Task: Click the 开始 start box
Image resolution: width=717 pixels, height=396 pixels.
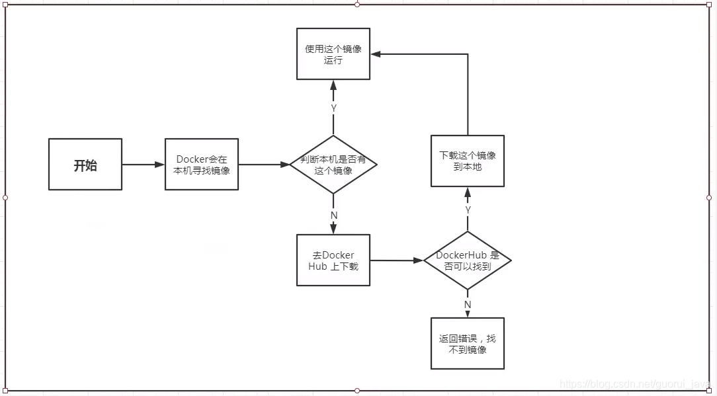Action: pyautogui.click(x=85, y=164)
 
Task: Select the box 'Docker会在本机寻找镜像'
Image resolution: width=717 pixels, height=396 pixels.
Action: pyautogui.click(x=202, y=164)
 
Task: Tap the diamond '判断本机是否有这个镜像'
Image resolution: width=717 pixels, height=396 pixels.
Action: pyautogui.click(x=333, y=165)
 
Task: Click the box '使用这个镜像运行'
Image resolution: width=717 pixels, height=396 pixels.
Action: pyautogui.click(x=333, y=54)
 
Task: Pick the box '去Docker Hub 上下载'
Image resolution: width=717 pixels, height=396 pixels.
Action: pyautogui.click(x=333, y=260)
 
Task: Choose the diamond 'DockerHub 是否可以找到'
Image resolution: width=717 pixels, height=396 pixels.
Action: pyautogui.click(x=468, y=260)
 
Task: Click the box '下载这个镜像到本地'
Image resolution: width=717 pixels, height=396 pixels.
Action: pyautogui.click(x=468, y=161)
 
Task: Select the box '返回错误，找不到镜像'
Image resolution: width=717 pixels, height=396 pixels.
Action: pyautogui.click(x=468, y=343)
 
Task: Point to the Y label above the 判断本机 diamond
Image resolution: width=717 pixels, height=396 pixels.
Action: pyautogui.click(x=334, y=108)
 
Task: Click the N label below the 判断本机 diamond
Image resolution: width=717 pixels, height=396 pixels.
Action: pyautogui.click(x=334, y=215)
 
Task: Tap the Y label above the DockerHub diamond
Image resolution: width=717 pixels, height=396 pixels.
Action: pyautogui.click(x=468, y=210)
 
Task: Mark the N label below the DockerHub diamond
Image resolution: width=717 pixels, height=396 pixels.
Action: pyautogui.click(x=468, y=305)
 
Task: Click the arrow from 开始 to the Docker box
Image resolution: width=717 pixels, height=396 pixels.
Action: pyautogui.click(x=143, y=165)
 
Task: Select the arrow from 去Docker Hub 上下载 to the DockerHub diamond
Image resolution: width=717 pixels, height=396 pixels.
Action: pyautogui.click(x=397, y=260)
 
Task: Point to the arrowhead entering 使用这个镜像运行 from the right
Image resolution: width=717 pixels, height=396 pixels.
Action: pyautogui.click(x=376, y=54)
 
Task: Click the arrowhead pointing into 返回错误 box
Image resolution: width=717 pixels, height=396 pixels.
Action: pyautogui.click(x=468, y=313)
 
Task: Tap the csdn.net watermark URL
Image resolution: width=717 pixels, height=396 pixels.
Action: pyautogui.click(x=636, y=384)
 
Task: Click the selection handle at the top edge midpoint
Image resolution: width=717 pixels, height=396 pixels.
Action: pyautogui.click(x=357, y=5)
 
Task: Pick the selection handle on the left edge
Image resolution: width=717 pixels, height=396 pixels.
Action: pyautogui.click(x=5, y=198)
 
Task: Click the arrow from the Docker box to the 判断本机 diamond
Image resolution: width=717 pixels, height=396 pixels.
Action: pyautogui.click(x=265, y=165)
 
